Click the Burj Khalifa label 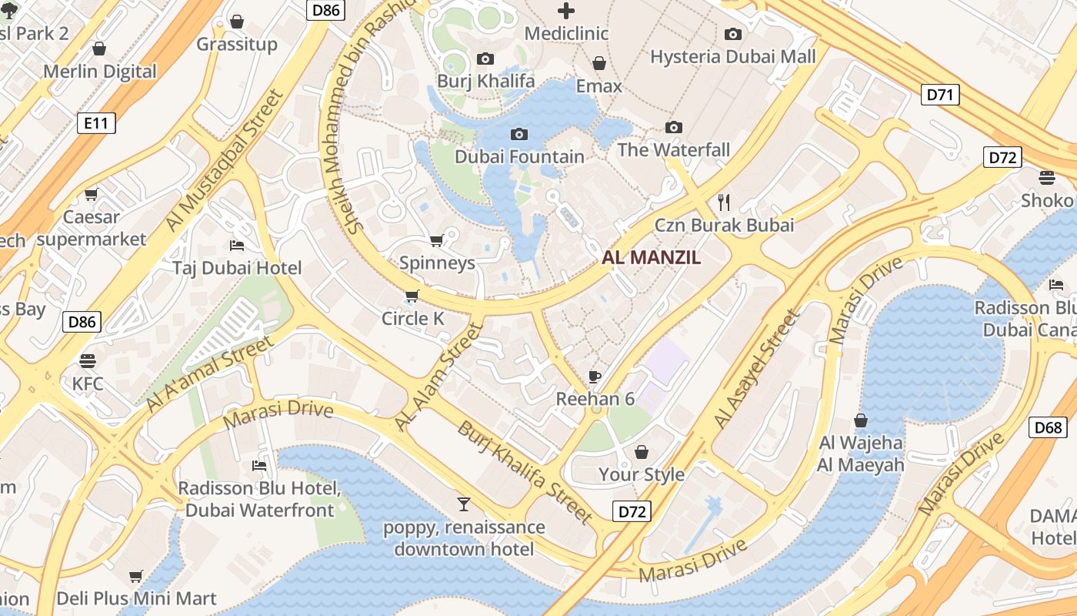click(485, 81)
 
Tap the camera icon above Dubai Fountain click(519, 135)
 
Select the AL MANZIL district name click(652, 258)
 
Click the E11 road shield click(96, 122)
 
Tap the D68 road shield click(1048, 427)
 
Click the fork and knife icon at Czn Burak click(723, 202)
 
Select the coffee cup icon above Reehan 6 click(594, 376)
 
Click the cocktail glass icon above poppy click(463, 504)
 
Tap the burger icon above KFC click(88, 360)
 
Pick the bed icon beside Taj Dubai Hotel click(237, 246)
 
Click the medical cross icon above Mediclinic click(566, 11)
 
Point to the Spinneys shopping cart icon click(436, 241)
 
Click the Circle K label click(413, 319)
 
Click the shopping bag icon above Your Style click(641, 452)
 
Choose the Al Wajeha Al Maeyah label click(861, 454)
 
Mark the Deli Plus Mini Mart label click(136, 598)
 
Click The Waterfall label click(673, 150)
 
